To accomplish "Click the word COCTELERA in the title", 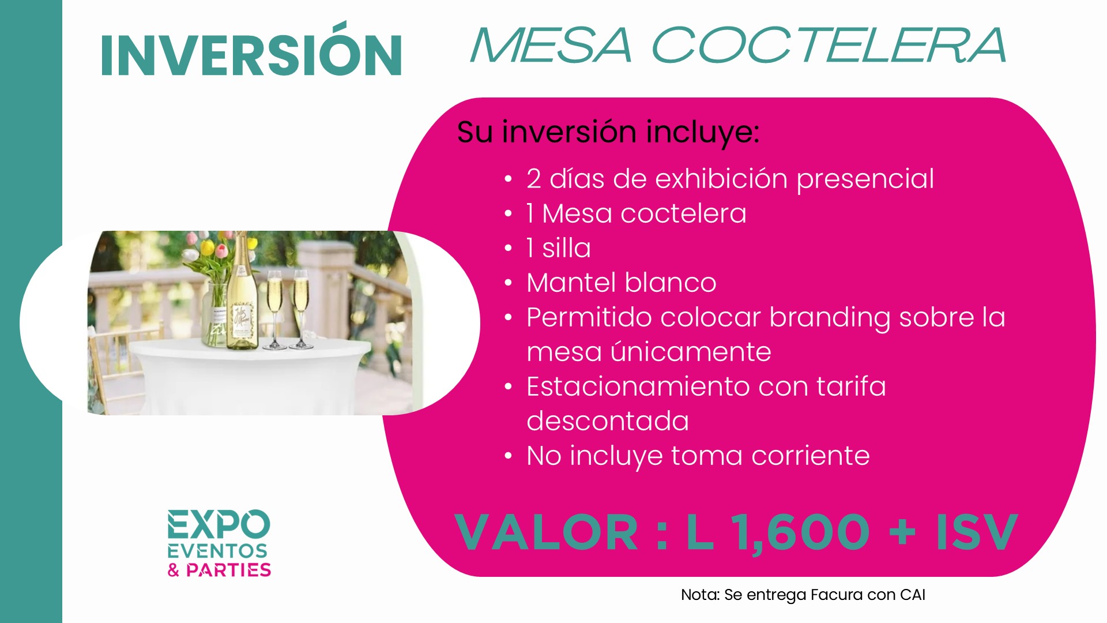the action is (x=829, y=45).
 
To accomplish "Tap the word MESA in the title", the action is (x=552, y=45).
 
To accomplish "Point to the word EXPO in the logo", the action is (x=219, y=524).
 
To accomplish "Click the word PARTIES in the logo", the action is (x=228, y=570).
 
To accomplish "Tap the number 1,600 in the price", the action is (x=800, y=532).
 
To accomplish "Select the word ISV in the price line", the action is (x=976, y=532).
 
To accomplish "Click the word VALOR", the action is (x=546, y=532).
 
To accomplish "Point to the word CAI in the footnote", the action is (x=912, y=595).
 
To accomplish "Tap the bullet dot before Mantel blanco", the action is (x=508, y=283).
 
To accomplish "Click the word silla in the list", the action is (x=567, y=248).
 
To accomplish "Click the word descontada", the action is (x=608, y=421).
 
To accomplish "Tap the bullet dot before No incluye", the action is (x=508, y=456).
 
